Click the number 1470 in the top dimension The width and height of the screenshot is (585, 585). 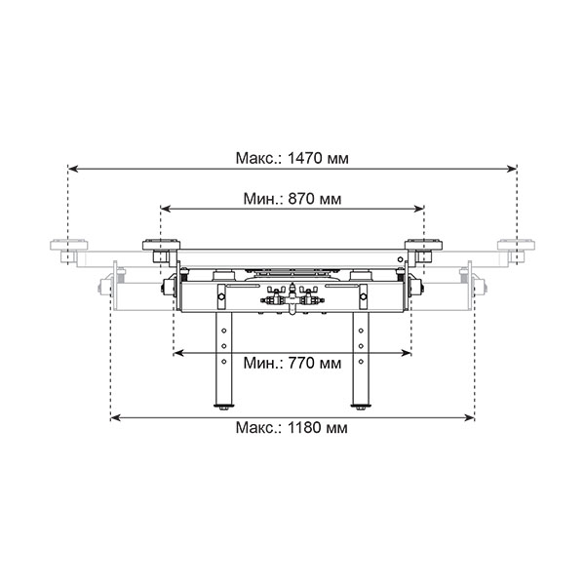(x=305, y=158)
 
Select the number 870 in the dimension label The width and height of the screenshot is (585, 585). (x=300, y=199)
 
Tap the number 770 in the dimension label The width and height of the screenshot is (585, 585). (x=300, y=363)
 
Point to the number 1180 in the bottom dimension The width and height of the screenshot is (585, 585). (x=305, y=428)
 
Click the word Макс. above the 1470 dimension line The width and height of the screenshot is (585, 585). (x=259, y=158)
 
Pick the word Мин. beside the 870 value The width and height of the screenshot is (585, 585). (x=263, y=199)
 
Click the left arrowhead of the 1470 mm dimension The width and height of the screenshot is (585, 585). (x=73, y=169)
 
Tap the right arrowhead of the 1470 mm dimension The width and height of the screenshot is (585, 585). (x=512, y=169)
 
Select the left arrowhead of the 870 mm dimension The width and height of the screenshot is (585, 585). (x=166, y=209)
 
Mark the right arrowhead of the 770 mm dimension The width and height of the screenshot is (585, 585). (x=406, y=353)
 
